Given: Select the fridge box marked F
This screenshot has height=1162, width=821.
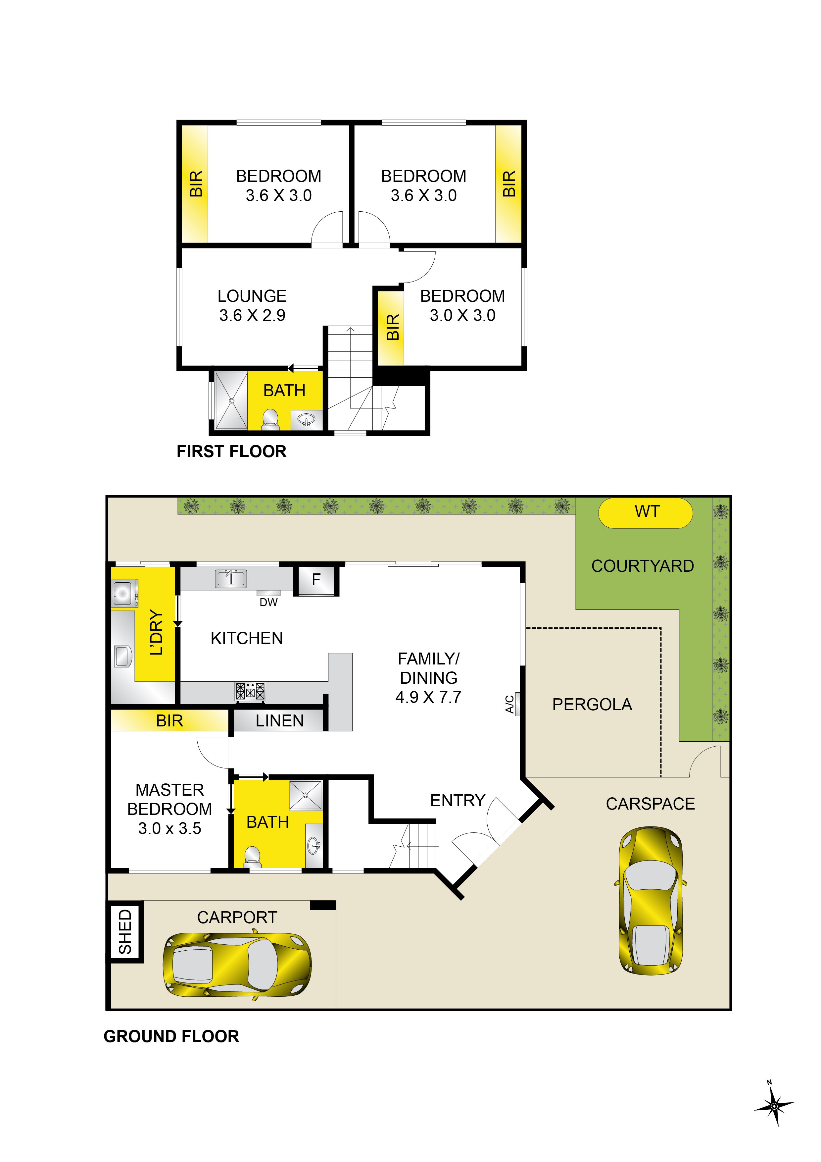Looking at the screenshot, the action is coord(316,580).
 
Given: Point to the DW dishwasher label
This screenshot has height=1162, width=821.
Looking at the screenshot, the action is coord(268,602).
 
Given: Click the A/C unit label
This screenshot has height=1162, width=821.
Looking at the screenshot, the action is coord(510,704).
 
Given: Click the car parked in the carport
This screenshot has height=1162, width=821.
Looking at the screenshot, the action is coord(237,965).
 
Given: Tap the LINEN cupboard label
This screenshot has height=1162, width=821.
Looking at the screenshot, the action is coord(279,721).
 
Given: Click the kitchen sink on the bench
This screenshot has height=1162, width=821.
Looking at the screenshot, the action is coord(231,578).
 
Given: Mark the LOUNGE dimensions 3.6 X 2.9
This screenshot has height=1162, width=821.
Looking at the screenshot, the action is coord(252,315).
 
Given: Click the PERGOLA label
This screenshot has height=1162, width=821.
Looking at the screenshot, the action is coord(592,705).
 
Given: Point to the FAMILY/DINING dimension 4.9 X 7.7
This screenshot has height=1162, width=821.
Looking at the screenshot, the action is coord(428,697).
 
